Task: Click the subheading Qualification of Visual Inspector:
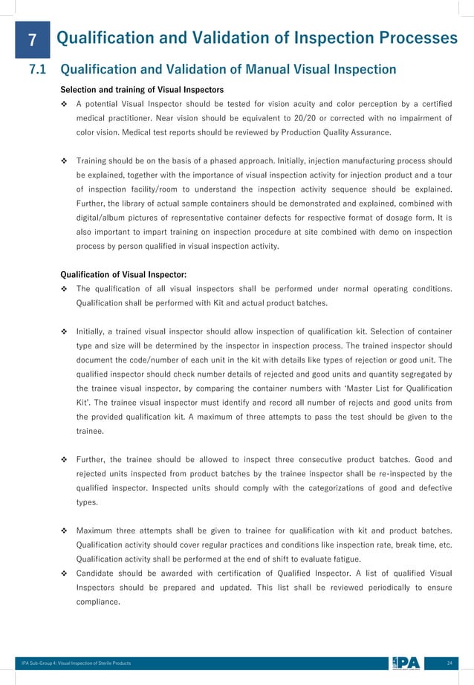pyautogui.click(x=123, y=274)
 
